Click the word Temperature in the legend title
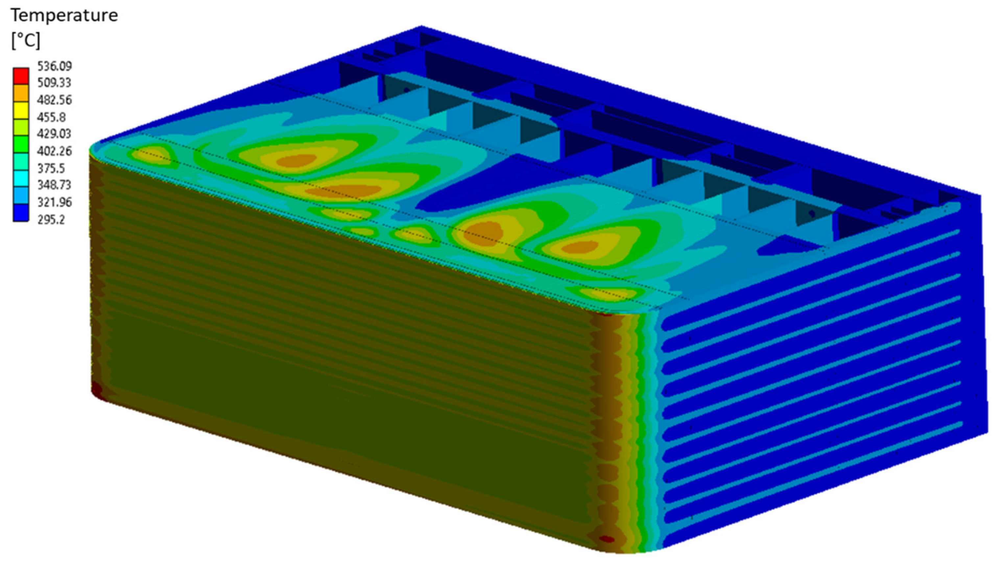[x=64, y=16]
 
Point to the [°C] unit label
[x=26, y=40]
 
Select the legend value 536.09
[x=55, y=66]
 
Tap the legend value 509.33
[x=55, y=83]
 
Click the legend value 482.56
[x=55, y=100]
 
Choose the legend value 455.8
[x=52, y=117]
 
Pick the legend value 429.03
[x=55, y=134]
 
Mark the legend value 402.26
[x=55, y=151]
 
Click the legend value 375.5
[x=52, y=168]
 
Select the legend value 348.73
[x=55, y=185]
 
